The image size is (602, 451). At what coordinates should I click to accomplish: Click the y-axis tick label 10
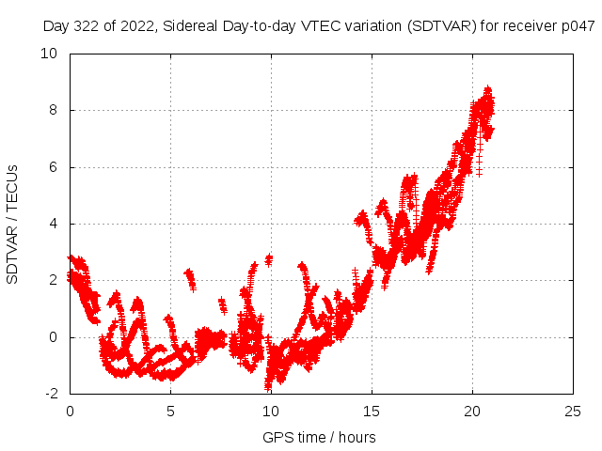(49, 54)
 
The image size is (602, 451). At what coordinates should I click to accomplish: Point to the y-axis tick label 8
(53, 111)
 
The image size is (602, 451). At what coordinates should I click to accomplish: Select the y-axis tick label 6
(53, 167)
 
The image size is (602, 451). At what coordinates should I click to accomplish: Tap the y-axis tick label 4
(53, 224)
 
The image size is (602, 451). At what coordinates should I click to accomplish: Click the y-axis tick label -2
(51, 394)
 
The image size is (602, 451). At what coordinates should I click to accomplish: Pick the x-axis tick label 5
(170, 412)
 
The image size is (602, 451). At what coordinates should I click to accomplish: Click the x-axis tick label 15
(372, 412)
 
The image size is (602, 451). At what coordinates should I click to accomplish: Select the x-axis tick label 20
(472, 412)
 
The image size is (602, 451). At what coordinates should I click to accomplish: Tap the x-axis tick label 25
(573, 412)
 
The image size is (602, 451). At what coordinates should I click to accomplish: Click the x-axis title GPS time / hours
(319, 438)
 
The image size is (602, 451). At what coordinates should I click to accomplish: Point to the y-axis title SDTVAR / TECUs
(12, 225)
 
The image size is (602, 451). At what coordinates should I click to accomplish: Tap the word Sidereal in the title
(191, 26)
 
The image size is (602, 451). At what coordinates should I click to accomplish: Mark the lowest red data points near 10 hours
(268, 385)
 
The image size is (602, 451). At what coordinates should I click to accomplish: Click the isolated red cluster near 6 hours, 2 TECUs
(190, 280)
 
